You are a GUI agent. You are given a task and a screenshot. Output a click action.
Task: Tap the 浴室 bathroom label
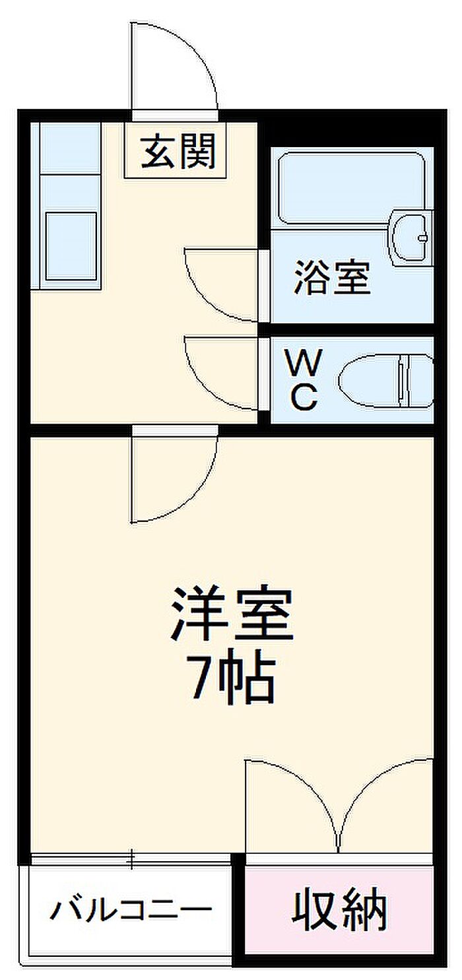pyautogui.click(x=333, y=277)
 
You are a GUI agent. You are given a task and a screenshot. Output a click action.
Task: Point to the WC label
pyautogui.click(x=303, y=379)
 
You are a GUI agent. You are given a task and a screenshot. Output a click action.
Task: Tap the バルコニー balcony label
pyautogui.click(x=131, y=908)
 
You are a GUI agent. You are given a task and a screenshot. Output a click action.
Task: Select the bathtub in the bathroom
pyautogui.click(x=352, y=189)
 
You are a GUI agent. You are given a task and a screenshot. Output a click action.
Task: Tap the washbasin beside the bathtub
pyautogui.click(x=412, y=238)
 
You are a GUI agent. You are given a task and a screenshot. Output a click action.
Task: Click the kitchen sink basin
pyautogui.click(x=71, y=245)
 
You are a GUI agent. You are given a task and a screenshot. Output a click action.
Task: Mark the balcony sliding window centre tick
pyautogui.click(x=132, y=859)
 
